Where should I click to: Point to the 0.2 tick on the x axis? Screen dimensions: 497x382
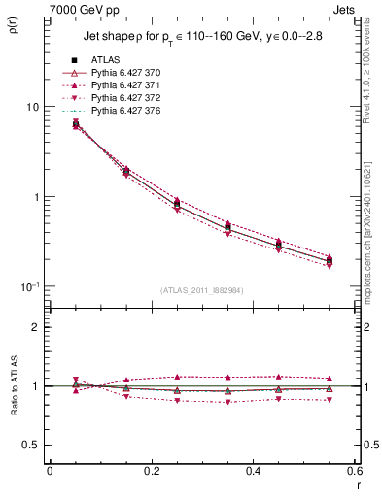tap(151, 470)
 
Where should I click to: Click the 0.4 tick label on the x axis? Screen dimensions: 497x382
tap(253, 470)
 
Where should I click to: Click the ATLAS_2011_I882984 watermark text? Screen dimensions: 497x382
tap(201, 291)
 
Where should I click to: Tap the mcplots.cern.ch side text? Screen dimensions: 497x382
tap(373, 233)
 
